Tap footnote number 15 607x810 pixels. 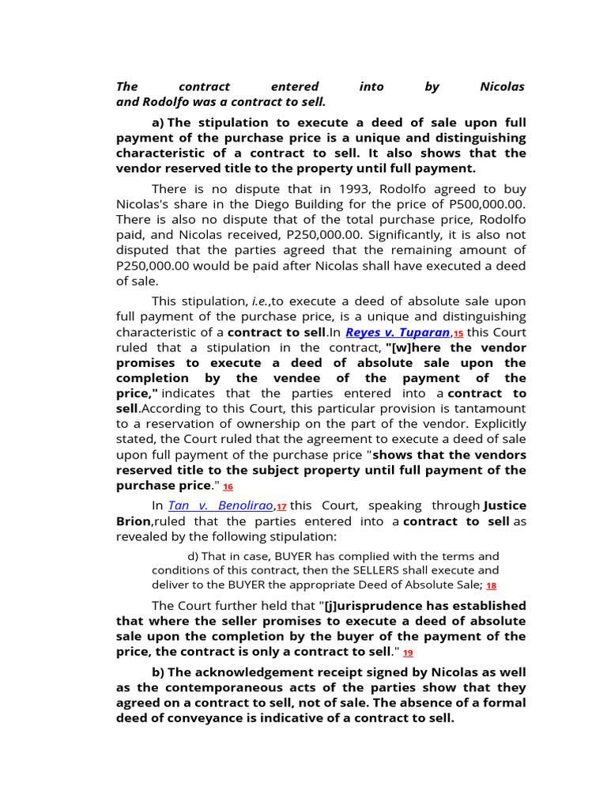[458, 334]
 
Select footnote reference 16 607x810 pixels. [228, 487]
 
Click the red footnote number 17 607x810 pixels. [281, 506]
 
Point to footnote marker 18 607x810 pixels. [492, 586]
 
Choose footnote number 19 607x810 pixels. [408, 653]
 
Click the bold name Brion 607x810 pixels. [134, 521]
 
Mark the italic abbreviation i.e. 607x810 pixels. [260, 301]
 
